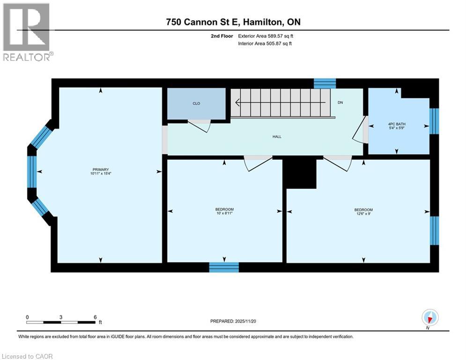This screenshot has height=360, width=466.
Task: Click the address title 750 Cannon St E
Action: click(233, 22)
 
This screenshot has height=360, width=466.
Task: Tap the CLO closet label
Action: click(196, 103)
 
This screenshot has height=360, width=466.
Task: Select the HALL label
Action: click(276, 137)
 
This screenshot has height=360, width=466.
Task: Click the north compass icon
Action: click(429, 317)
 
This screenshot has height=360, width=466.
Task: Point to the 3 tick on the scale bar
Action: click(61, 317)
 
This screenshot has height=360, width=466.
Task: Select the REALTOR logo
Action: click(27, 32)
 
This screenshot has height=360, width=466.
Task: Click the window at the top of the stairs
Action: click(325, 83)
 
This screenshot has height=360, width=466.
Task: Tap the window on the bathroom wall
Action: click(434, 121)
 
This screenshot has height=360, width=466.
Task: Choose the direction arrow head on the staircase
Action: click(238, 103)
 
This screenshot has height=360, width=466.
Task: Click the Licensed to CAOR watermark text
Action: click(28, 356)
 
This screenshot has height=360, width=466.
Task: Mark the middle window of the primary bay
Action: click(32, 172)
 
